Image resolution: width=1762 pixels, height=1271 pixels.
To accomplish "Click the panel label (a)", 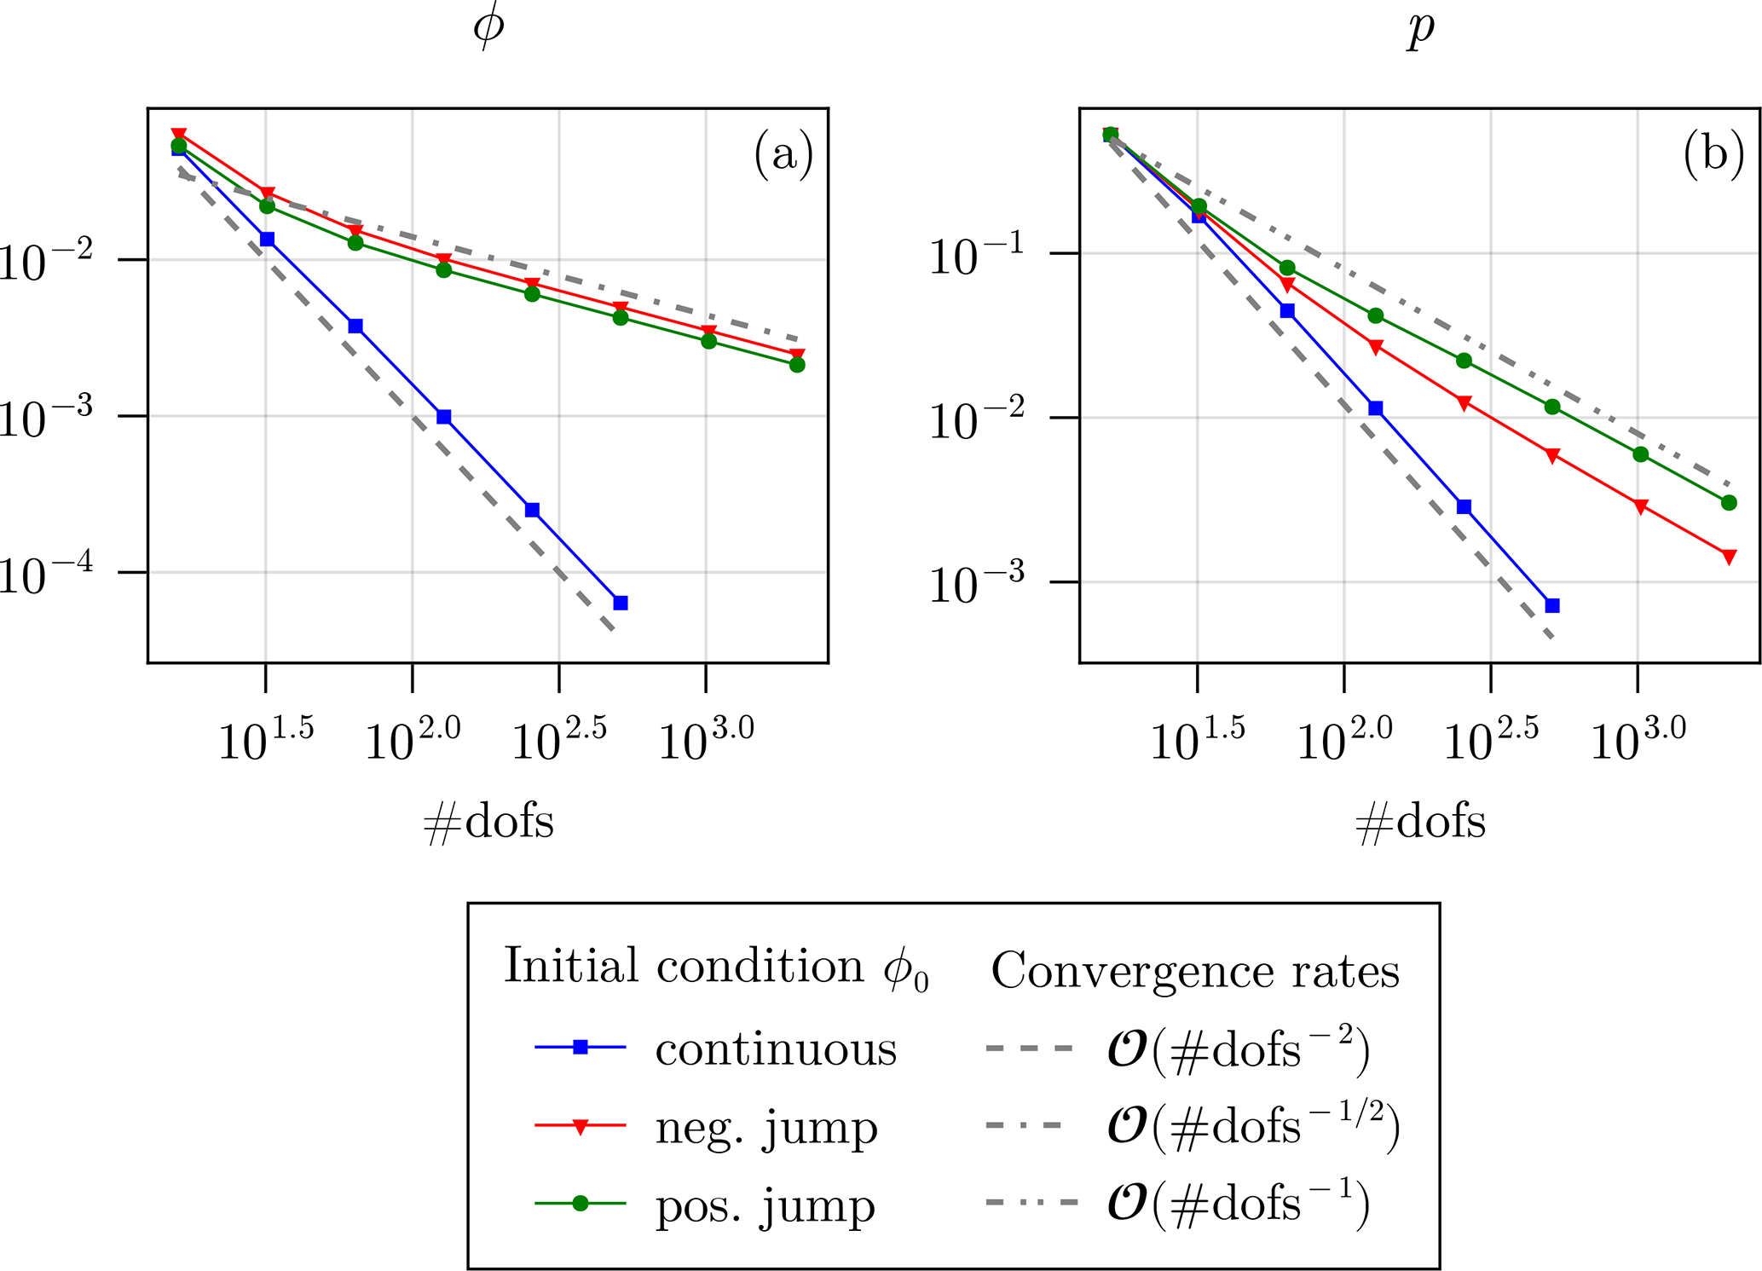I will coord(783,155).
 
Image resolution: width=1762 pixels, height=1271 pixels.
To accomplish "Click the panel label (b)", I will coord(1713,155).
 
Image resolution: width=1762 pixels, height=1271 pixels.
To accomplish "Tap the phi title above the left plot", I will coord(488,27).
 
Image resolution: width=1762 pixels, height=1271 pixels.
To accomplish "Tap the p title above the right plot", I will coord(1420,29).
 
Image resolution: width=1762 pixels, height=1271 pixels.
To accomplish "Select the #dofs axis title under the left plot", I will coord(488,823).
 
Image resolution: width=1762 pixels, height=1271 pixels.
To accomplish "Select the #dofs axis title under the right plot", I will coord(1420,823).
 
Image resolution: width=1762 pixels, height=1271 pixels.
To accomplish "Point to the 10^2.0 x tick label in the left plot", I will coord(413,738).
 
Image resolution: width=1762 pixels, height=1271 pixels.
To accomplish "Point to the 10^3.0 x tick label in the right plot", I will coord(1638,738).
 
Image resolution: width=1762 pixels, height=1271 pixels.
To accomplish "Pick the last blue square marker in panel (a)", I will coord(621,603).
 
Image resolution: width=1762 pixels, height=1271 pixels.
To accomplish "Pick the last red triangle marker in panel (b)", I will coord(1730,557).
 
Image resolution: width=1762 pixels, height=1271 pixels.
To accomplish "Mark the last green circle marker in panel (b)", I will coord(1730,503).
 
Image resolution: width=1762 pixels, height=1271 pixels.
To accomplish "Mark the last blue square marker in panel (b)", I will coord(1552,605).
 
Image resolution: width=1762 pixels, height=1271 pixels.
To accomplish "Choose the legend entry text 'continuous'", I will coord(776,1049).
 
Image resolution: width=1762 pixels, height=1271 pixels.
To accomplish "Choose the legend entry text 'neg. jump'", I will coord(765,1127).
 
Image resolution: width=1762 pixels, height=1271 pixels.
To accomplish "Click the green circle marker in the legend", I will coord(581,1204).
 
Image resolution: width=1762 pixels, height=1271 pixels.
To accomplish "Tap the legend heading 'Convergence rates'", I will coord(1195,971).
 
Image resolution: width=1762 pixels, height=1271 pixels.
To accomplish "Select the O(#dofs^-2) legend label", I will coord(1238,1049).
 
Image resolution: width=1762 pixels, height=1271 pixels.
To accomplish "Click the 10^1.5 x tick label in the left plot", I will coord(266,738).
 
